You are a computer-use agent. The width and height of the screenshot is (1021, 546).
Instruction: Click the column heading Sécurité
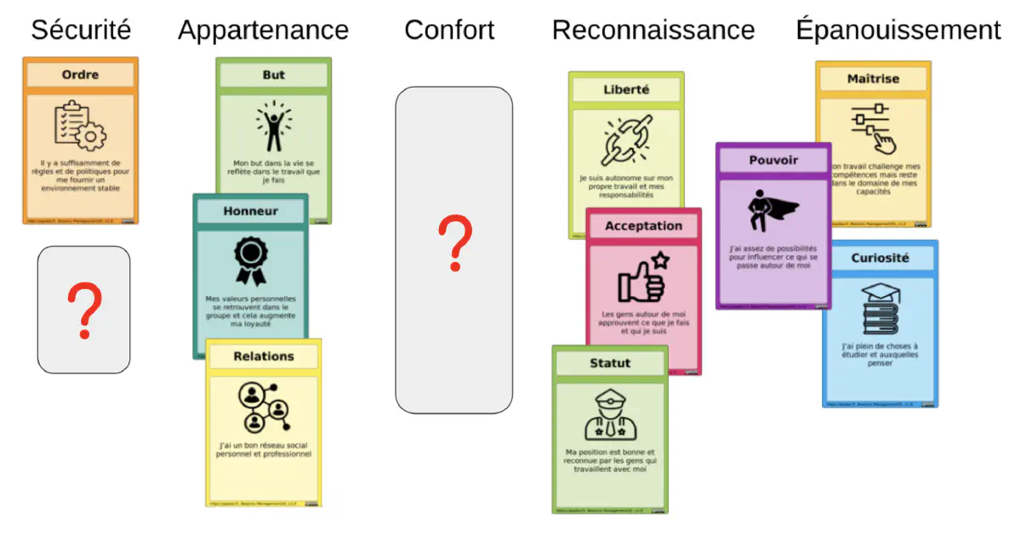[x=81, y=31]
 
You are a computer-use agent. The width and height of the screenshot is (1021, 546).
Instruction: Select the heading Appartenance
[x=263, y=31]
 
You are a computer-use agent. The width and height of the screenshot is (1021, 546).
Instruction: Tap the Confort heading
[x=449, y=31]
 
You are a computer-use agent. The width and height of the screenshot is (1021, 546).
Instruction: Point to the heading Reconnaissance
[x=653, y=31]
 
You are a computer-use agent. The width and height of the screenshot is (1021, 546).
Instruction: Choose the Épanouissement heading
[x=898, y=31]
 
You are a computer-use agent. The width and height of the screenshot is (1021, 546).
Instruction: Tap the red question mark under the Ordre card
[x=84, y=311]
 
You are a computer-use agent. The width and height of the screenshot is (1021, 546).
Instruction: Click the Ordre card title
[x=80, y=75]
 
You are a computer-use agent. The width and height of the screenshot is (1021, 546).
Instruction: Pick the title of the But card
[x=273, y=75]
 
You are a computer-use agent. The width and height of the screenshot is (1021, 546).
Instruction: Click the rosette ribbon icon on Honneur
[x=250, y=260]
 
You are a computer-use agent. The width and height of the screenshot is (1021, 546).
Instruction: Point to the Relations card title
[x=264, y=356]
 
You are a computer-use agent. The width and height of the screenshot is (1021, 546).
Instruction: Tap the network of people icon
[x=264, y=407]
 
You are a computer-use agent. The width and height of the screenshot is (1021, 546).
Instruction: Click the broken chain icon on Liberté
[x=626, y=140]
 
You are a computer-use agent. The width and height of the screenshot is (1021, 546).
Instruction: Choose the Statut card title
[x=610, y=363]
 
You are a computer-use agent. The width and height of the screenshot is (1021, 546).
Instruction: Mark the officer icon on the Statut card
[x=610, y=414]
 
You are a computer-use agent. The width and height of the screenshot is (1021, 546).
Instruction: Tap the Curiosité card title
[x=880, y=258]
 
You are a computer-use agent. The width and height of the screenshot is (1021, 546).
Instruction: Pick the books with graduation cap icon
[x=880, y=309]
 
